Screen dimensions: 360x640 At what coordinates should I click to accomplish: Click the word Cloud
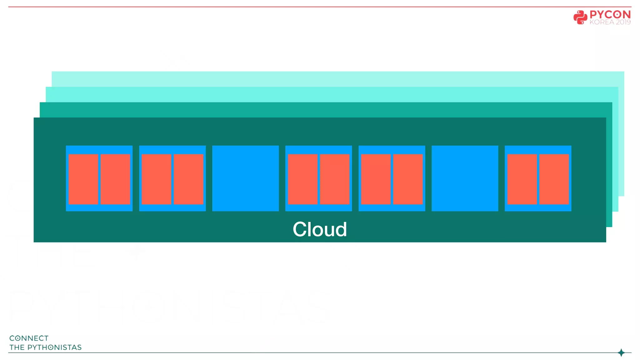pos(320,229)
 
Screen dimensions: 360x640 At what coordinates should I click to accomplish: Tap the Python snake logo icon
pos(580,17)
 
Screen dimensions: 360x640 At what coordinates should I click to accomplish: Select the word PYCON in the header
pos(610,15)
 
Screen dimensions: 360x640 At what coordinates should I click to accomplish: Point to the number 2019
pos(623,22)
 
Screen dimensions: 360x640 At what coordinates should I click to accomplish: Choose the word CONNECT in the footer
pos(29,338)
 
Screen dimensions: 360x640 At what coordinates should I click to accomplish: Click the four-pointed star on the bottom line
pos(621,353)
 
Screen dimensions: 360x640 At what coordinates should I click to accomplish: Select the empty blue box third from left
pos(245,178)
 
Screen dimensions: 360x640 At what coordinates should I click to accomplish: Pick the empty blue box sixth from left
pos(465,178)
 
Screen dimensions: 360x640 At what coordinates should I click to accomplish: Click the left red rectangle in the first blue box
pos(83,179)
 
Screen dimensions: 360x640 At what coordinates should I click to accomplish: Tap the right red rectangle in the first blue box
pos(115,179)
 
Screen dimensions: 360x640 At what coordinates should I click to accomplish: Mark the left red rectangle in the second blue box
pos(156,179)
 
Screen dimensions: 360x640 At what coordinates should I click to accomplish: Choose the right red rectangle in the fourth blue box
pos(335,179)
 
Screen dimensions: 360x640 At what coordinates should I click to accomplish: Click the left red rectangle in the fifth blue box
pos(376,179)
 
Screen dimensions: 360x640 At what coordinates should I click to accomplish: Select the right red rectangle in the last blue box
pos(554,179)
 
